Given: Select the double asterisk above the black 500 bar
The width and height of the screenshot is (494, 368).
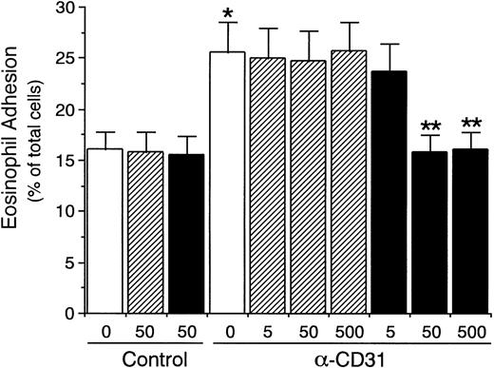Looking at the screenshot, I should click(471, 124).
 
